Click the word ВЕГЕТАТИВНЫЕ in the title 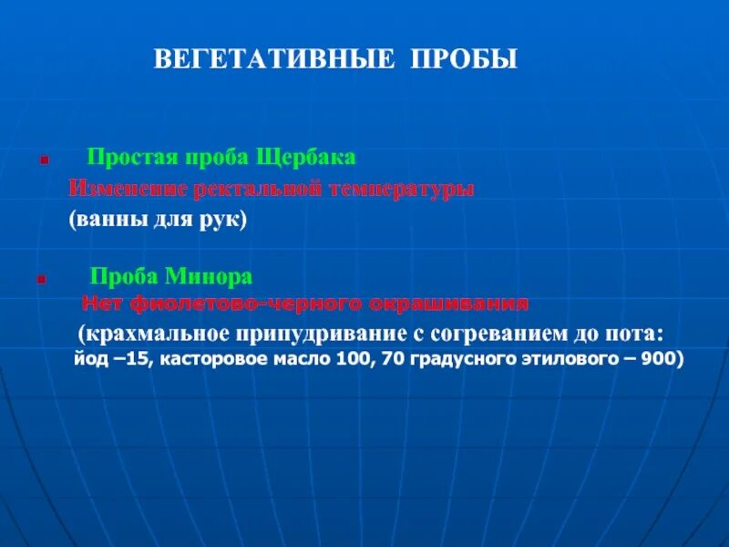point(272,60)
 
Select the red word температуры point(401,189)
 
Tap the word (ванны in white point(103,221)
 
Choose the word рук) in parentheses point(224,221)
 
